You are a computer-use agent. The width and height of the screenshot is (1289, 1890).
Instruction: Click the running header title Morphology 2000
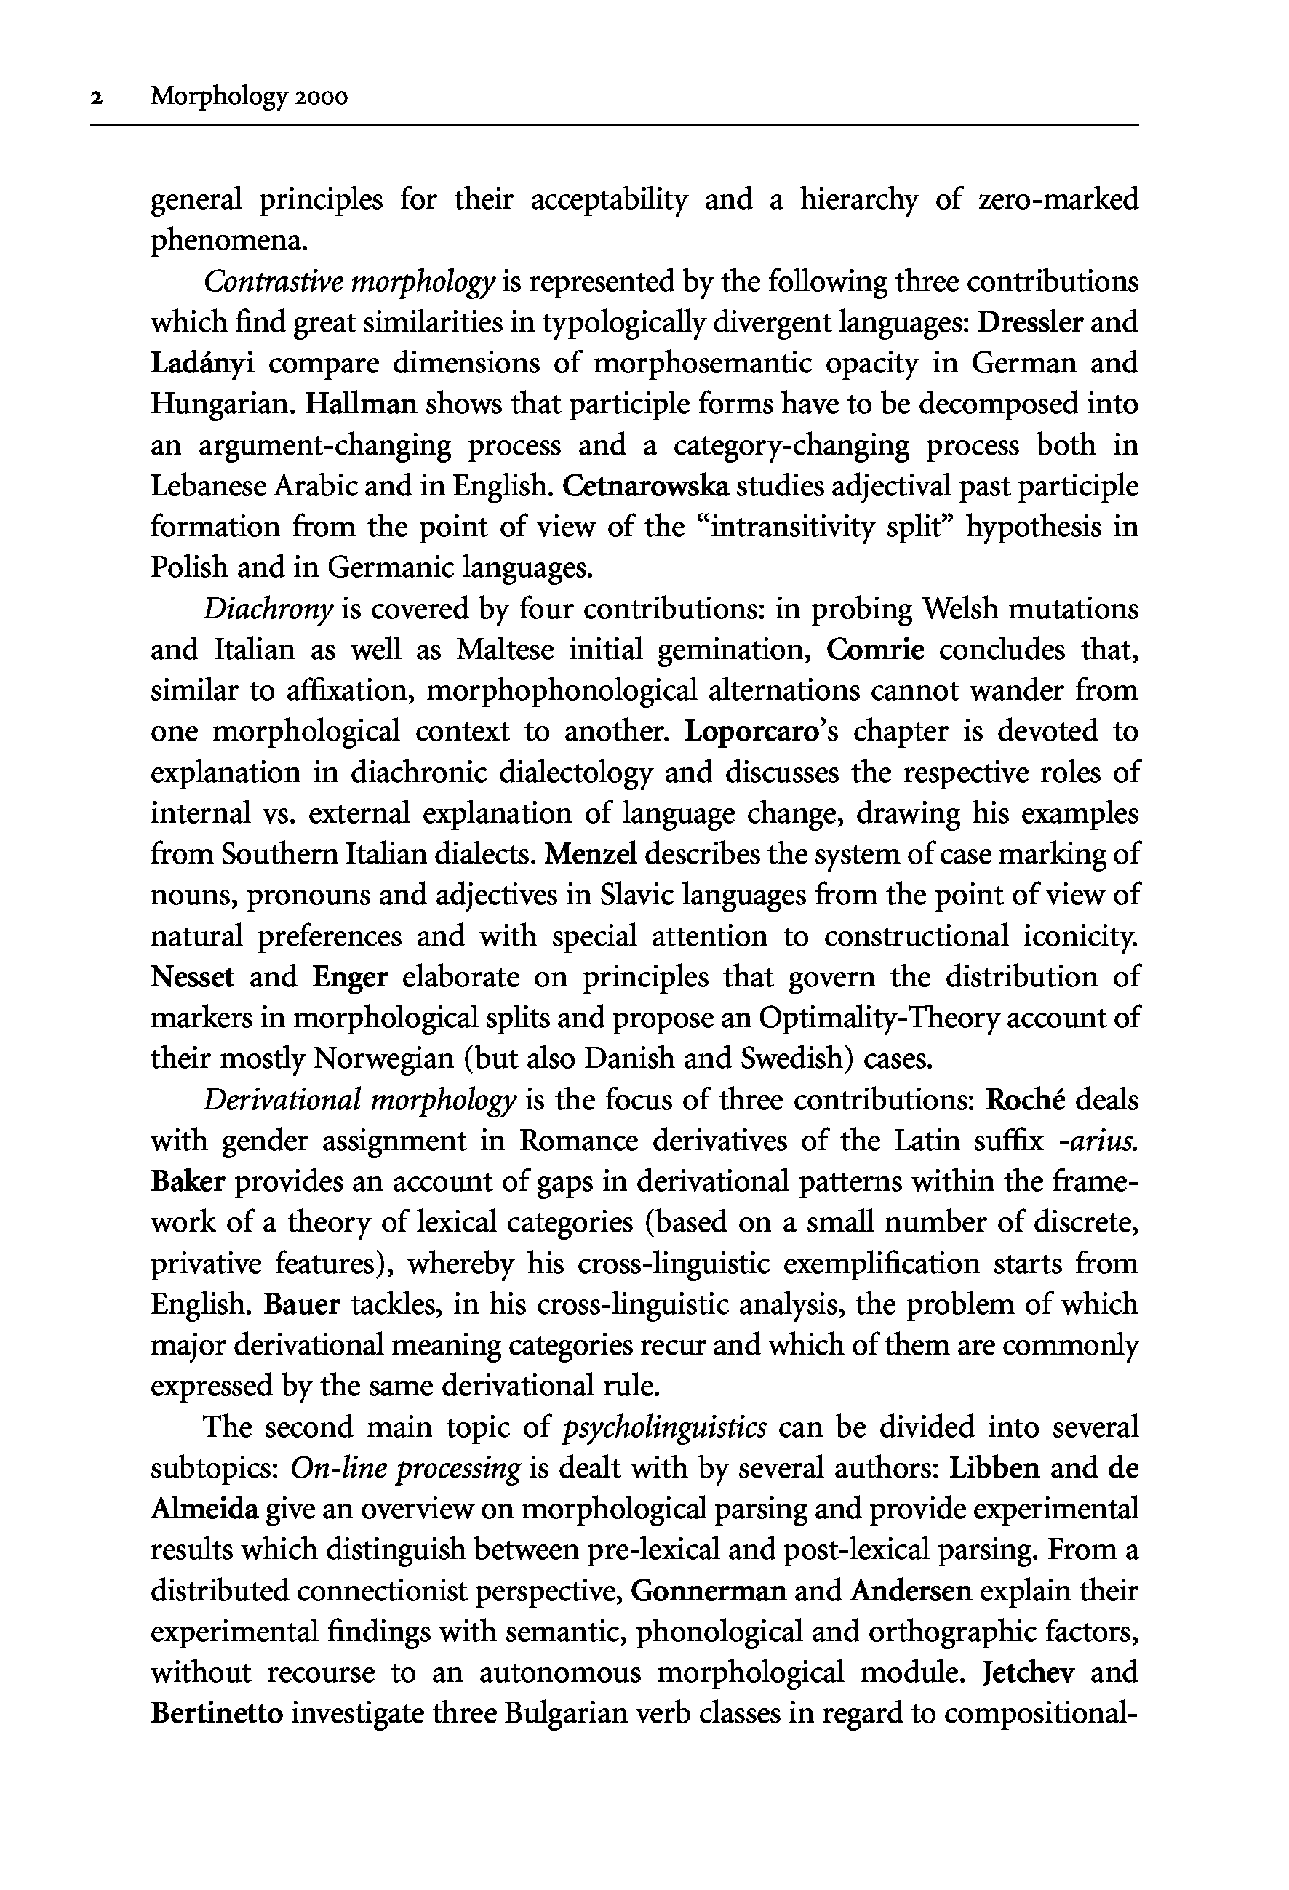click(249, 97)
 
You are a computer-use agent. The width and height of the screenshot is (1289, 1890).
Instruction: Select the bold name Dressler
click(1029, 322)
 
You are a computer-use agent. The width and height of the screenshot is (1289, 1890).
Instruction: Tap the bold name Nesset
click(192, 977)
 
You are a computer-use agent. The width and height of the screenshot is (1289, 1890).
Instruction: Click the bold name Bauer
click(302, 1304)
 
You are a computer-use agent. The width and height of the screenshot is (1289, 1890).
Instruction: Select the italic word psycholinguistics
click(664, 1427)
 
